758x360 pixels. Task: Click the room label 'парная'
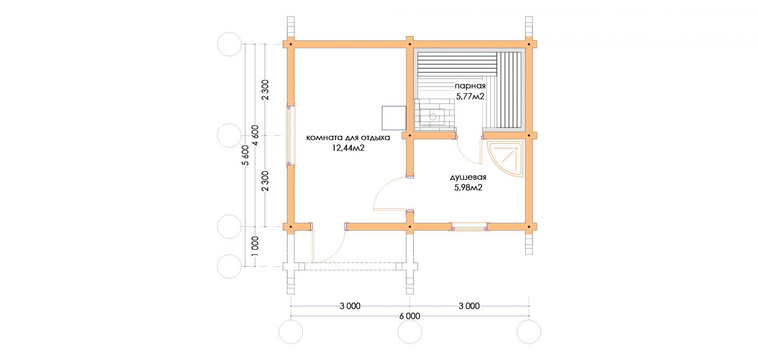click(470, 86)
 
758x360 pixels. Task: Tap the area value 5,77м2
click(470, 96)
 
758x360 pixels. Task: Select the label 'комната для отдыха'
click(348, 138)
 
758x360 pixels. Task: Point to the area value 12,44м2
click(348, 148)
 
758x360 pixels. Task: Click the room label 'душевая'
click(468, 177)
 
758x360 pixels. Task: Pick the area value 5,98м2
click(468, 188)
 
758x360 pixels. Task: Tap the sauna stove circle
click(433, 117)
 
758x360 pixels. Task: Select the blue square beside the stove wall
click(394, 118)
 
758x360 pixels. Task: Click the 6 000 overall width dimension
click(410, 316)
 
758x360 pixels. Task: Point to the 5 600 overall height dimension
click(246, 155)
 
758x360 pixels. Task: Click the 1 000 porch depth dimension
click(256, 246)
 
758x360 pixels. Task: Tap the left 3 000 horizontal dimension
click(350, 306)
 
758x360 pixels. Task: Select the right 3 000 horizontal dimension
click(469, 306)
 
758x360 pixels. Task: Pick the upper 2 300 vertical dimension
click(265, 90)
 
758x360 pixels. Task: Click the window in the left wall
click(290, 135)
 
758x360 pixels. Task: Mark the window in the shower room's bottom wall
click(469, 227)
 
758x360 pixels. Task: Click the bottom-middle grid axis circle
click(410, 332)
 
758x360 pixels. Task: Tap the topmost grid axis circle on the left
click(230, 45)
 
